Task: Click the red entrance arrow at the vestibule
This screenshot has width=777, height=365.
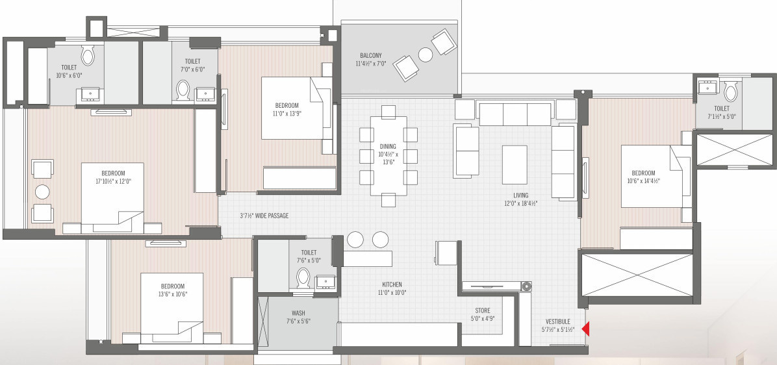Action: click(x=585, y=329)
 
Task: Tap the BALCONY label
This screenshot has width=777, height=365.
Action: click(x=371, y=55)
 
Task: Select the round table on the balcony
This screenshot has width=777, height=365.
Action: click(x=426, y=55)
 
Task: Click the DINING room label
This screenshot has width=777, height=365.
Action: click(x=388, y=147)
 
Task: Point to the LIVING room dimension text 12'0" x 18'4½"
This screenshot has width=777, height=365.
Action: click(x=520, y=203)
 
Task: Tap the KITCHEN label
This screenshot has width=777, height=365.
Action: click(x=392, y=284)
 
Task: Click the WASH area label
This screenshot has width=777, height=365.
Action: click(x=298, y=313)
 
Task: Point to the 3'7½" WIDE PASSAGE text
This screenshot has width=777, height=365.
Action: click(x=264, y=216)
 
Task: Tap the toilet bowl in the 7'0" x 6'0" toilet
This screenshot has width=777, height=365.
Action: click(x=183, y=90)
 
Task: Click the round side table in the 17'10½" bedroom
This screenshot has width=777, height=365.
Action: click(x=42, y=192)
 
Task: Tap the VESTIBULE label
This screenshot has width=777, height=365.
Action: click(x=558, y=321)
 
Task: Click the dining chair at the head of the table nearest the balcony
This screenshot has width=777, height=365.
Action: click(x=388, y=112)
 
